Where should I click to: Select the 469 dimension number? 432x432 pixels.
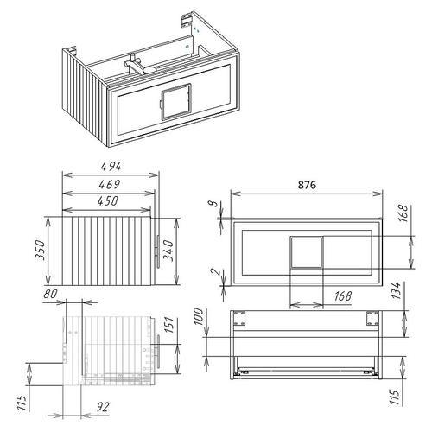[107, 185]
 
